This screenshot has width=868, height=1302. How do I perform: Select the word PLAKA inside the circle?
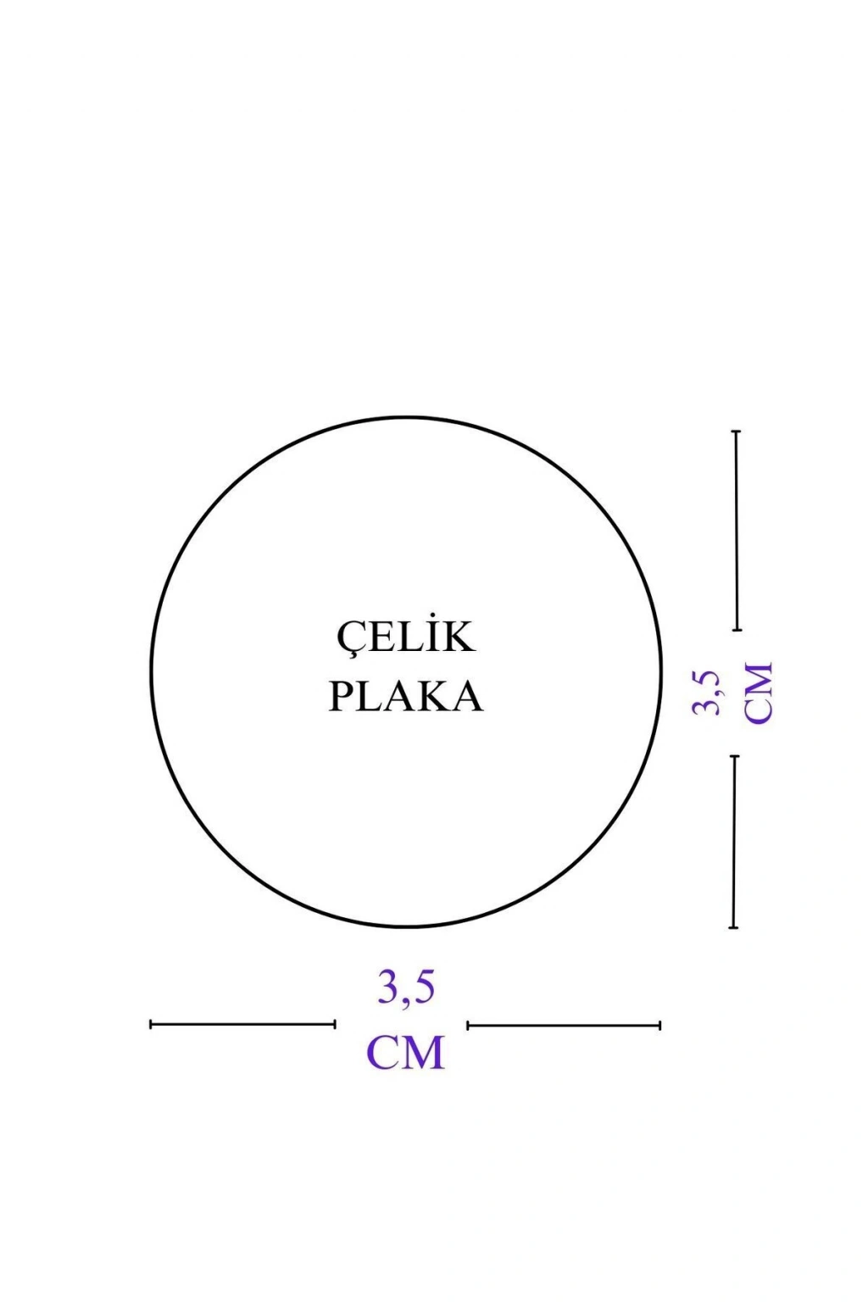coord(406,697)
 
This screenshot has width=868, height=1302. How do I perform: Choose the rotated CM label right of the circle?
coord(759,693)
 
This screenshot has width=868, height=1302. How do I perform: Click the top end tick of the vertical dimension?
coord(737,431)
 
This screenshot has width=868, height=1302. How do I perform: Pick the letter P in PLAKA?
coord(342,697)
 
